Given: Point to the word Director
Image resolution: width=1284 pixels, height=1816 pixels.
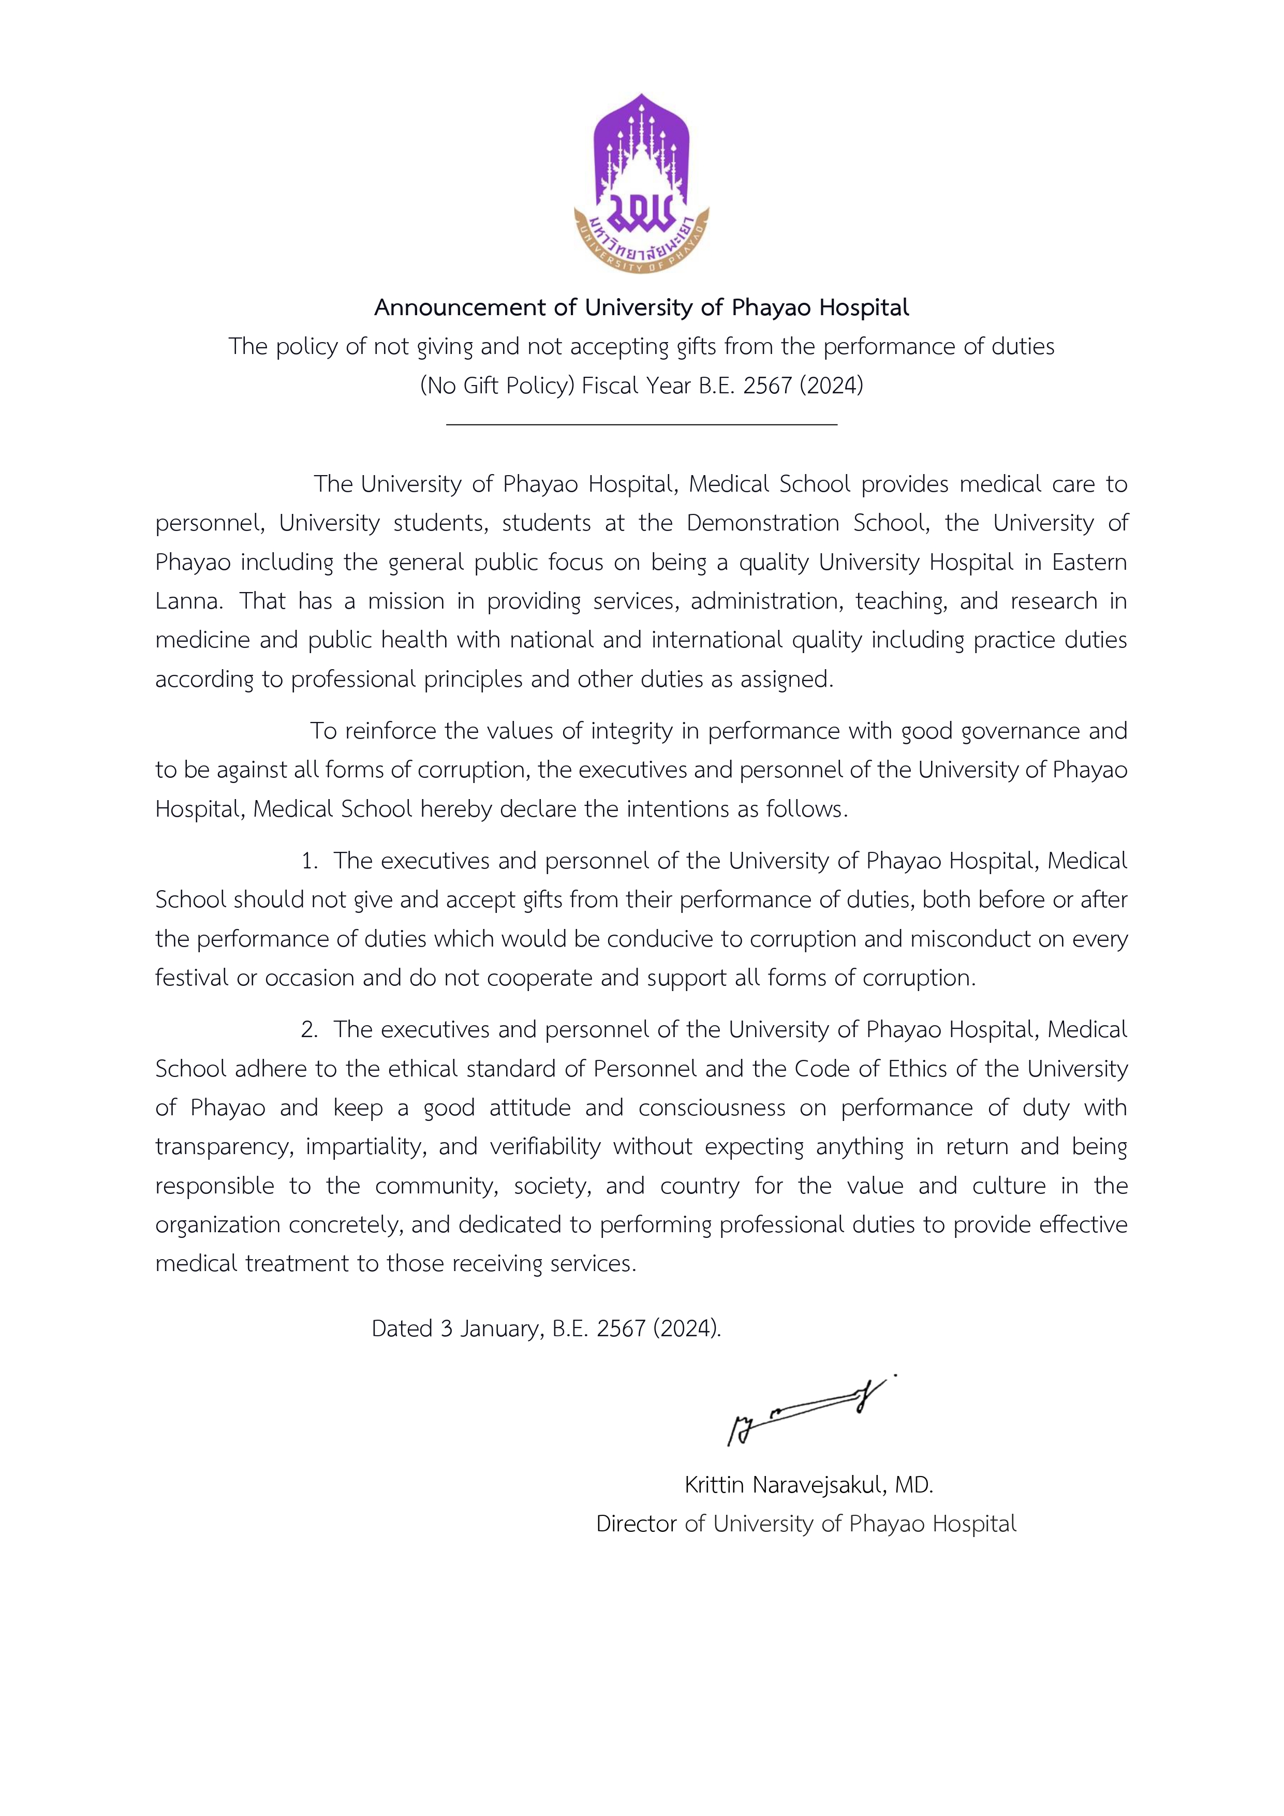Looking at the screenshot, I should coord(637,1524).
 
